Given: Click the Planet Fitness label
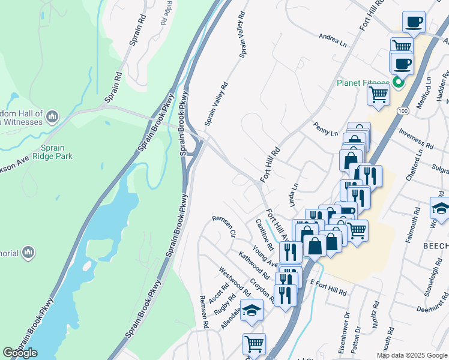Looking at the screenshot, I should point(362,83).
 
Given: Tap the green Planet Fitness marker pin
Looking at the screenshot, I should point(397,83).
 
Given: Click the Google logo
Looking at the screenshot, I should point(20,353).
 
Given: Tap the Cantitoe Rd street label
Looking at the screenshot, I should point(264,235).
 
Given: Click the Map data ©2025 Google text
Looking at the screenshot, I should point(412,355).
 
